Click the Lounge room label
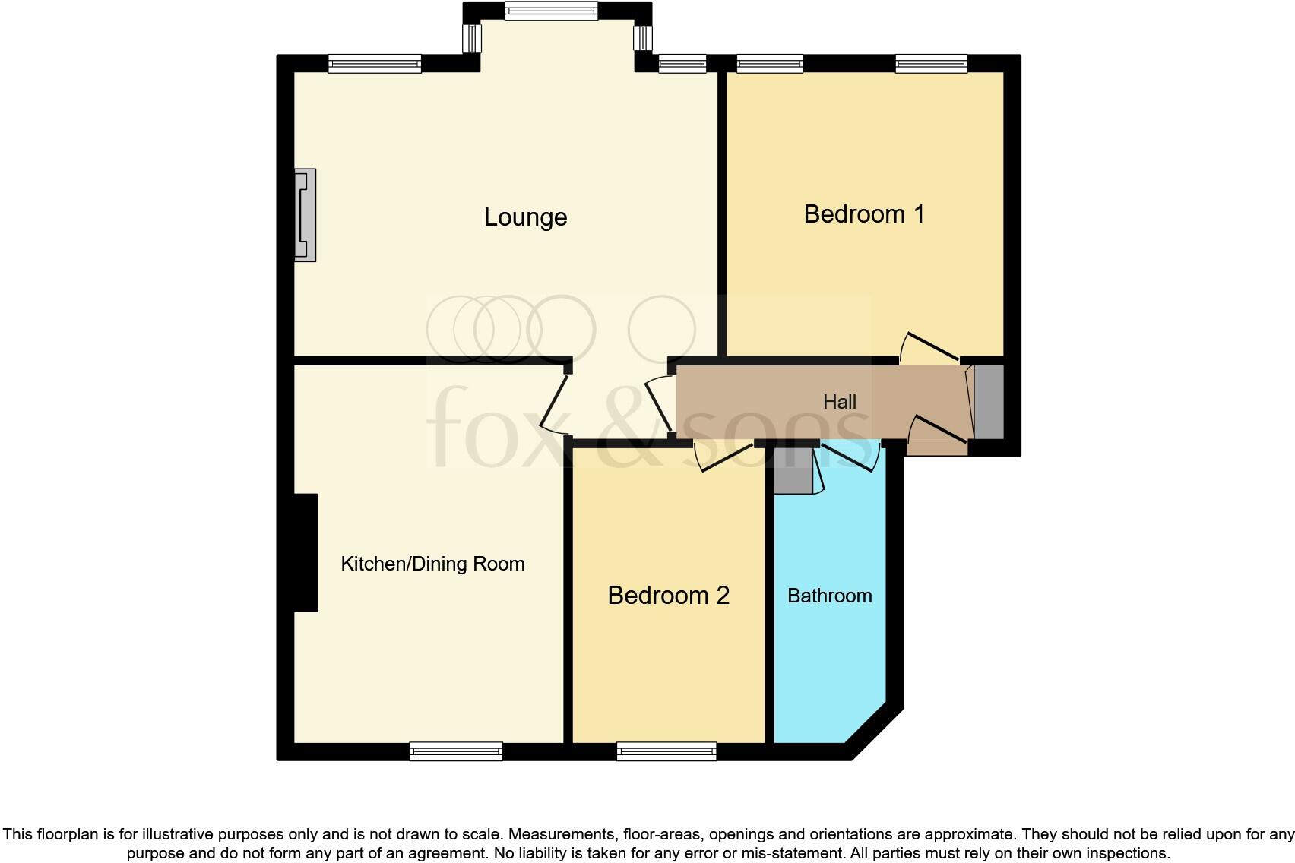coord(525,217)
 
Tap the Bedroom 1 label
coord(864,214)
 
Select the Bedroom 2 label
coord(668,595)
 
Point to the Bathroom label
coord(829,596)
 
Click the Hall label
coord(839,402)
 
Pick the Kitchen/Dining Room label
coord(432,564)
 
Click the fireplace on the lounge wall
coord(306,215)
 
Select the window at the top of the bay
coord(551,11)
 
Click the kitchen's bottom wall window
coord(456,751)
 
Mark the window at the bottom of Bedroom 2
coord(666,751)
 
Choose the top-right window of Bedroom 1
coord(931,64)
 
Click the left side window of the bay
coord(472,37)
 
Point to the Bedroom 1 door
coord(929,347)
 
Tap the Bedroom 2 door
coord(726,458)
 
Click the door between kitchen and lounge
coord(554,403)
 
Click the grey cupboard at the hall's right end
coord(989,402)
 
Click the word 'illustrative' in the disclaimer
coord(163,834)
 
